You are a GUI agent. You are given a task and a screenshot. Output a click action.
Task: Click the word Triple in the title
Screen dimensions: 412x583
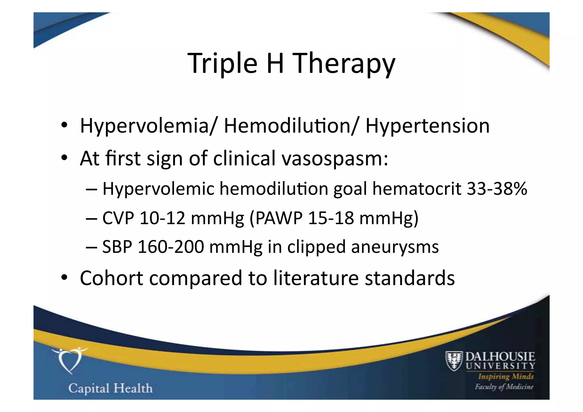point(222,63)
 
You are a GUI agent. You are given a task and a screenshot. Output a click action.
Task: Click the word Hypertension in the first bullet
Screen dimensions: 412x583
point(427,126)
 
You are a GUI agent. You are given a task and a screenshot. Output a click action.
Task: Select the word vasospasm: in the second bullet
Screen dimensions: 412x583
point(335,158)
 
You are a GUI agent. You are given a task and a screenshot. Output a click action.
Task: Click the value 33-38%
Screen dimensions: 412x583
point(497,189)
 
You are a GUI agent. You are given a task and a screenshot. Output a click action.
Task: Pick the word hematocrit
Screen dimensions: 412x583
point(416,189)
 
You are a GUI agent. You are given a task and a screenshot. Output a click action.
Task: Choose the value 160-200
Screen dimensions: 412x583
point(171,247)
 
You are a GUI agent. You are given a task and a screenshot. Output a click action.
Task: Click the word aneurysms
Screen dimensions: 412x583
point(395,247)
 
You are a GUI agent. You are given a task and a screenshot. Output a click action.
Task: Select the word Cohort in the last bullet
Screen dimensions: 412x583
point(111,278)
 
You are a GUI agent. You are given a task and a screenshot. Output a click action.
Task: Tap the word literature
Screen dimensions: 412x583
point(316,278)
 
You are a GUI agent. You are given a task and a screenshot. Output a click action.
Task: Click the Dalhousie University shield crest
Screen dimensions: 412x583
point(454,361)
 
